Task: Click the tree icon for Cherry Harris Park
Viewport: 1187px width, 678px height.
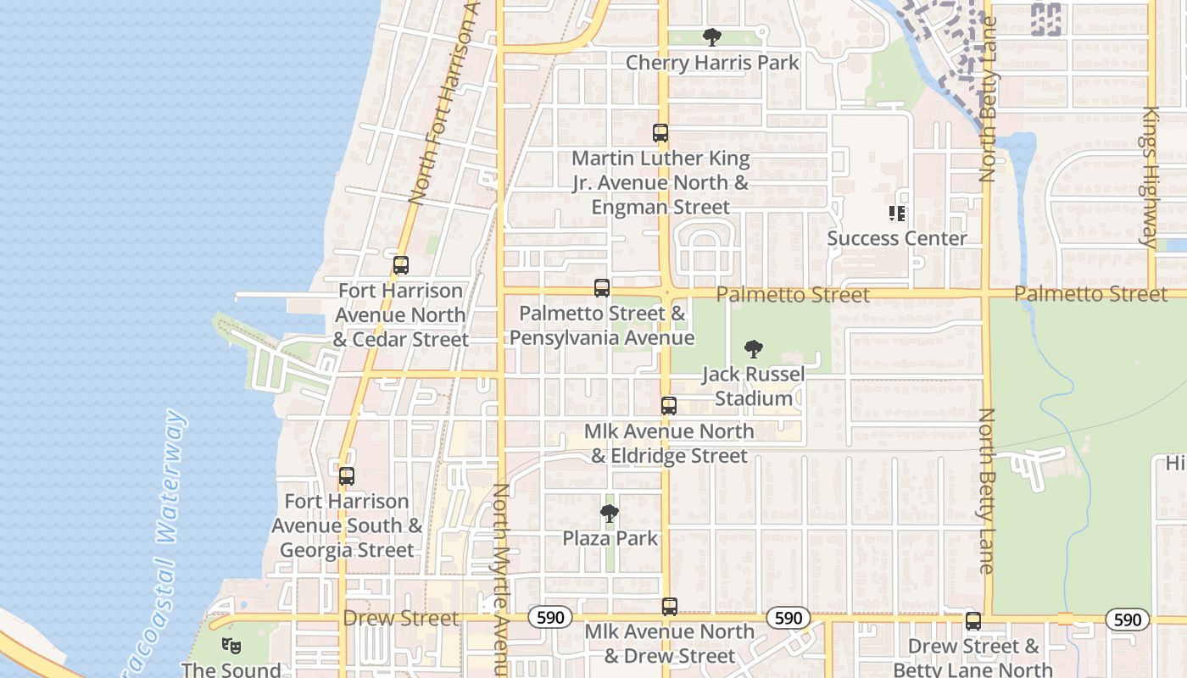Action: [712, 37]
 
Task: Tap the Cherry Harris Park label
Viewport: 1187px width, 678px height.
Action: [712, 63]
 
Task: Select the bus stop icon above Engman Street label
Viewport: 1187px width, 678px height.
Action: [660, 133]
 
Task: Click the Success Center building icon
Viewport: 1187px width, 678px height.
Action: [897, 214]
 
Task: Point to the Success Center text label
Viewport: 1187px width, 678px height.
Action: [897, 239]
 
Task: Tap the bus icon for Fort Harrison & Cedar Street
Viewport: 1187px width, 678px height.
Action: [401, 265]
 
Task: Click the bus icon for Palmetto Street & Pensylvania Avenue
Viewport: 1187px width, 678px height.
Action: [602, 288]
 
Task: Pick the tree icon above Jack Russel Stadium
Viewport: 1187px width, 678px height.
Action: [753, 349]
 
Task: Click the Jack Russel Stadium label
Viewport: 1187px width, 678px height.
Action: [754, 386]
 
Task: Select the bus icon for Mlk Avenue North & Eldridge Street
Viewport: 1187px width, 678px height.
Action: [669, 406]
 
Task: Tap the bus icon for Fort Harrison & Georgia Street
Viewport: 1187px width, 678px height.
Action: [347, 476]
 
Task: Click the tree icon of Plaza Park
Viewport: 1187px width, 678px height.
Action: [609, 513]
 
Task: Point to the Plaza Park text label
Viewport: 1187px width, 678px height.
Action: [610, 539]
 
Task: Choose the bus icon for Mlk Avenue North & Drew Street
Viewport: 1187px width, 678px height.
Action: [670, 607]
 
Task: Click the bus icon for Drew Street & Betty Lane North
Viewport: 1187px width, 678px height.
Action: [973, 621]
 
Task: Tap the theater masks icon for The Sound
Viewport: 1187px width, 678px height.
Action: [231, 645]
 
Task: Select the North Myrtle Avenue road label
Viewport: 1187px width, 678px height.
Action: [500, 576]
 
